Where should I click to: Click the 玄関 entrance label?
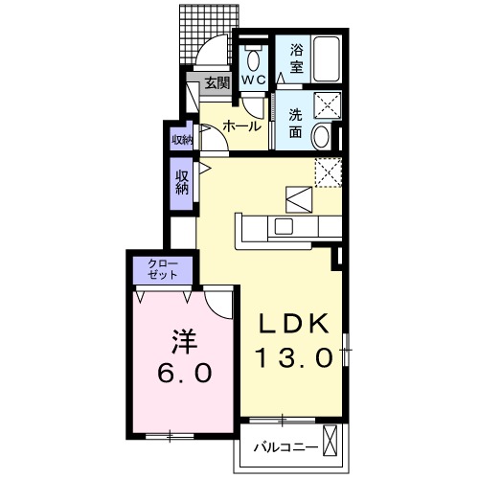click(217, 84)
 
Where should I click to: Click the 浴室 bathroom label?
click(297, 58)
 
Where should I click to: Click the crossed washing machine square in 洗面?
click(329, 107)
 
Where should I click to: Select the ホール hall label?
click(241, 125)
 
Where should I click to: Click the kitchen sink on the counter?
click(285, 226)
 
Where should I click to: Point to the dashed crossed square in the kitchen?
click(329, 171)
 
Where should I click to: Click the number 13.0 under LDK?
click(294, 357)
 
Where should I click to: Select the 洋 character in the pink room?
click(184, 337)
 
